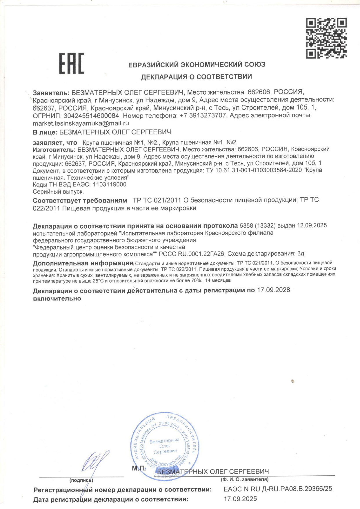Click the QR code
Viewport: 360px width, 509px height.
tap(326, 38)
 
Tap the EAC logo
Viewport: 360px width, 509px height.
tap(72, 64)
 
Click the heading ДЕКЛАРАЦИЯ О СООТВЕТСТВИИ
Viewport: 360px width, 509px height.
tap(196, 77)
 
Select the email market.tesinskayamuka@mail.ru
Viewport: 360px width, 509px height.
tap(81, 123)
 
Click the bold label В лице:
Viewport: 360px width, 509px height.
tap(45, 132)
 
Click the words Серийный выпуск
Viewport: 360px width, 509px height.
tap(58, 192)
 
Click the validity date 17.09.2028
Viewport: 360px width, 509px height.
tap(273, 290)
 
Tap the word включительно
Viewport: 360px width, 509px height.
tap(57, 298)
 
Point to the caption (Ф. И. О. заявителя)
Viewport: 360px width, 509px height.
tap(244, 479)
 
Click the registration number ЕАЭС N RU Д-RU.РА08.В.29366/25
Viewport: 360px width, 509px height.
tap(278, 489)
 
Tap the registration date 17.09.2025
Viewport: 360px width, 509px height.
tap(240, 499)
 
